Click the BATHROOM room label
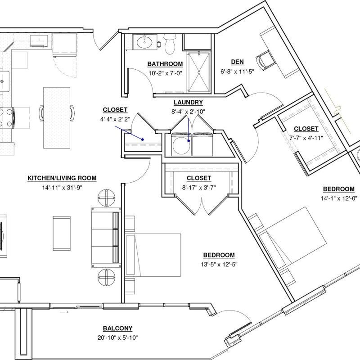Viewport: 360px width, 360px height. (165, 64)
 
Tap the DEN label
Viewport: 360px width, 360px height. (238, 62)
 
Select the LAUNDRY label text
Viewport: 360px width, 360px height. (188, 103)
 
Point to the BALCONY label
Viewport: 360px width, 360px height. (117, 328)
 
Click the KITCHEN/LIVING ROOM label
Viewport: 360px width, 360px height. (62, 178)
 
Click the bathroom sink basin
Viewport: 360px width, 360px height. (144, 42)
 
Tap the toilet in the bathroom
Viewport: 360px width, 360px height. (170, 44)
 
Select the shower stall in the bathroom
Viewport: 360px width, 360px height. (199, 72)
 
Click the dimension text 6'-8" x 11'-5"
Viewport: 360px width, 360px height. (238, 72)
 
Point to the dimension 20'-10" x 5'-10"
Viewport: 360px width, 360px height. (117, 338)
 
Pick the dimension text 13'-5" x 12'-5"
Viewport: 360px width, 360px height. (219, 265)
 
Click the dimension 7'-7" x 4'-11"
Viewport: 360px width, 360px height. (306, 138)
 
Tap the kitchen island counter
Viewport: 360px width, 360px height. (57, 118)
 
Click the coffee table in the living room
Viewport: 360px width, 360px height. (62, 233)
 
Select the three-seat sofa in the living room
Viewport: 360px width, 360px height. (106, 238)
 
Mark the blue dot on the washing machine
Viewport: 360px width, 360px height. (189, 141)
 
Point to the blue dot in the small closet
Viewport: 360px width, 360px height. (143, 139)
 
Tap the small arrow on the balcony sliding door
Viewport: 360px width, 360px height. (64, 312)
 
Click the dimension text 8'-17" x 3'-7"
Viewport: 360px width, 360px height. (199, 188)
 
